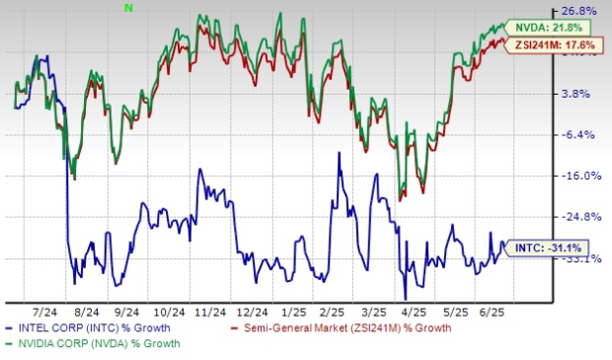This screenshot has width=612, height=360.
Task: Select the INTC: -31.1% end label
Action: click(x=549, y=248)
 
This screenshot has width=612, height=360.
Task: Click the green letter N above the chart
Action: click(x=128, y=7)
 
